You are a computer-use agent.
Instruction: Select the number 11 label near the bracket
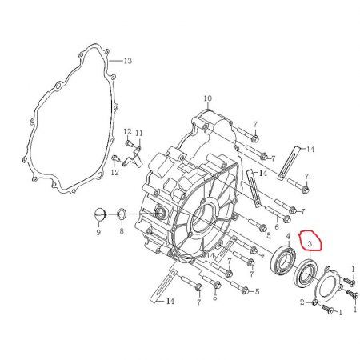tap(138, 133)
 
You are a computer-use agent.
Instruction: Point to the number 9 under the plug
tap(98, 232)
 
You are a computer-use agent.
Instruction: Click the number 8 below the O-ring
tap(122, 232)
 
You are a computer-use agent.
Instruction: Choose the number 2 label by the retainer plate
tap(303, 302)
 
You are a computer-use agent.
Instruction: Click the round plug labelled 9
tap(99, 214)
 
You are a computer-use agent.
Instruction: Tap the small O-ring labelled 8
tap(122, 214)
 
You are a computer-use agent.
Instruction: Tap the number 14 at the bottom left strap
tap(169, 302)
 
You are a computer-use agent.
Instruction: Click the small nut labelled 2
tap(315, 301)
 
